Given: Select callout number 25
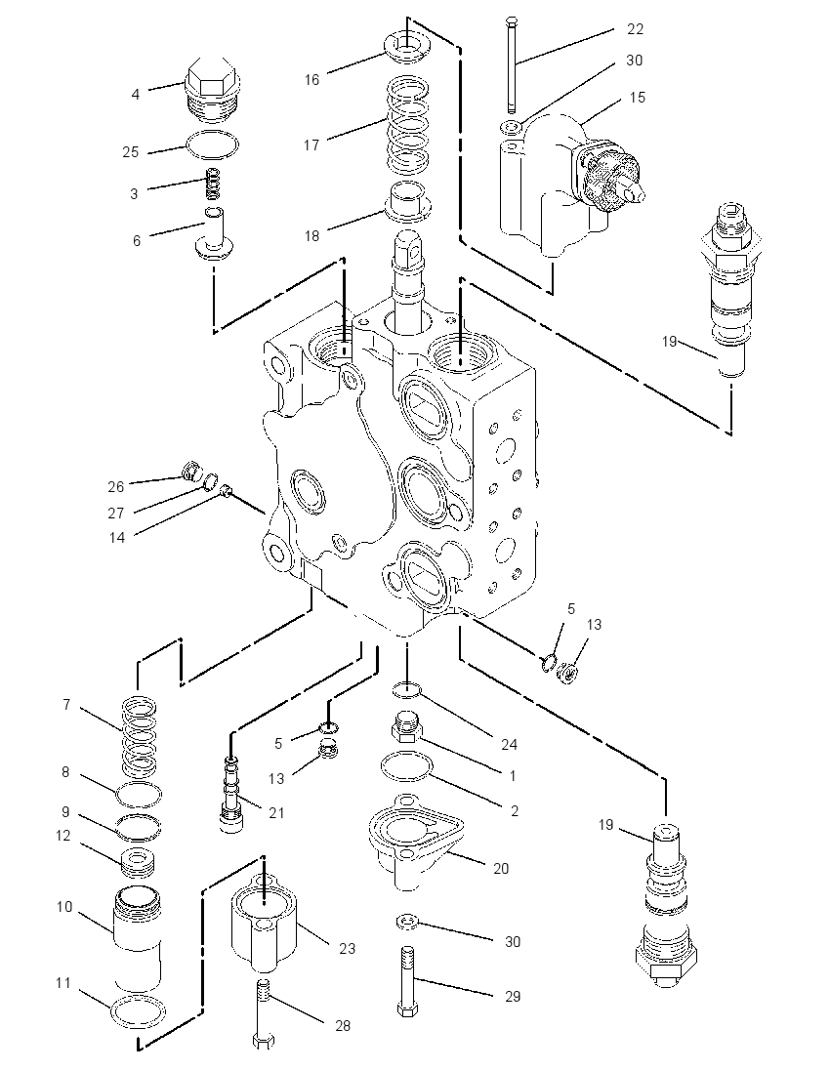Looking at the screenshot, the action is pyautogui.click(x=131, y=151).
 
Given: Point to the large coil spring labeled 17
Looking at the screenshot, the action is pyautogui.click(x=409, y=124).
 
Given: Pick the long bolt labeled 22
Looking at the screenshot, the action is pyautogui.click(x=512, y=66).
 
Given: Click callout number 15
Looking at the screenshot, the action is pyautogui.click(x=637, y=97).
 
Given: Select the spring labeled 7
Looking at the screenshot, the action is pyautogui.click(x=139, y=737).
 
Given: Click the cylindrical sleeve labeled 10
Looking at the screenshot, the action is pyautogui.click(x=138, y=938).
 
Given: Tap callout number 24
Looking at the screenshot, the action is pyautogui.click(x=509, y=744).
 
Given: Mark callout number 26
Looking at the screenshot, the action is pyautogui.click(x=115, y=486).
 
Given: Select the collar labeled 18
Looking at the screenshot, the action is pyautogui.click(x=407, y=202).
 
